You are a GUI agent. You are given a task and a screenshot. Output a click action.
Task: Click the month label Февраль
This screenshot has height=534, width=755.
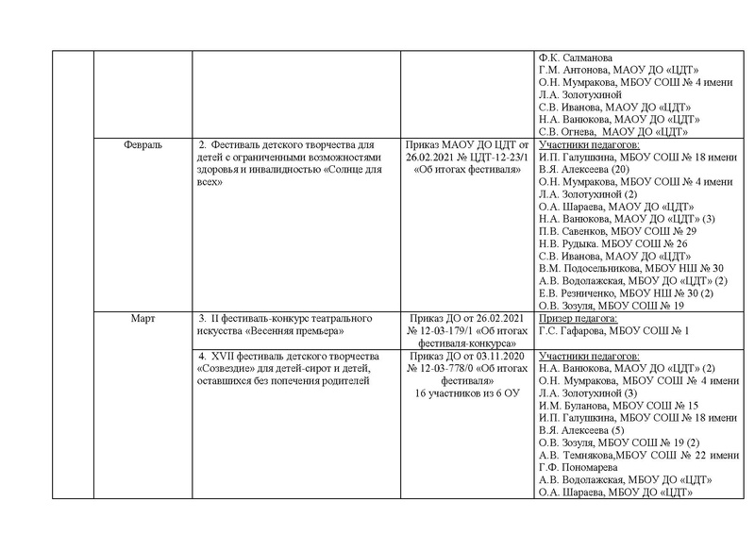143,146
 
